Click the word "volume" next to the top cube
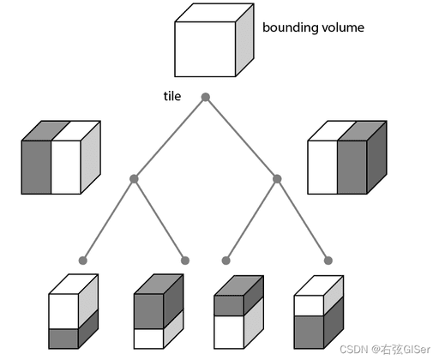coord(341,27)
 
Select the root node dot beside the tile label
coord(205,97)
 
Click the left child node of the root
coord(133,178)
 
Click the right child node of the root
coord(277,178)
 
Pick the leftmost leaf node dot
coord(83,260)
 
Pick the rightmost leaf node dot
coord(327,260)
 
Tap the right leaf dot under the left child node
coord(184,260)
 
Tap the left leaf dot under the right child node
coord(226,260)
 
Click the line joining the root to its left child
coord(169,137)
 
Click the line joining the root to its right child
coord(241,137)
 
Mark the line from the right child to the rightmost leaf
coord(302,219)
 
